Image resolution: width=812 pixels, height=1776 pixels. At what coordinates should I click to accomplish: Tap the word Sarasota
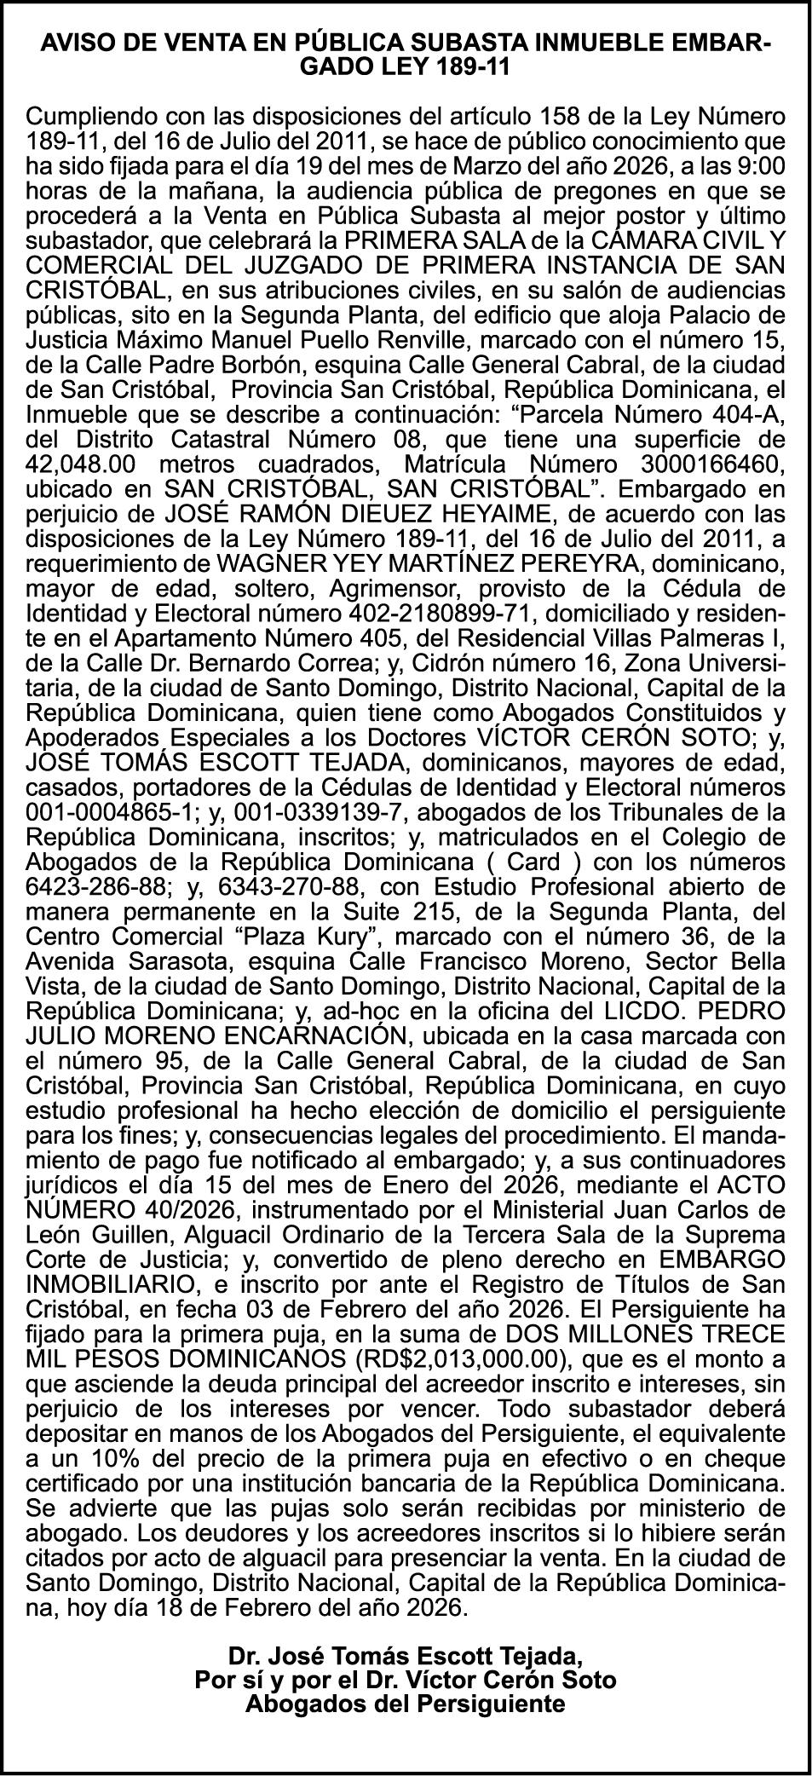pos(180,958)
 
